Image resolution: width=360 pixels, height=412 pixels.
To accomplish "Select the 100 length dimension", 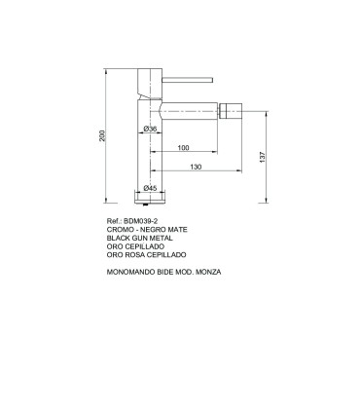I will pyautogui.click(x=183, y=147).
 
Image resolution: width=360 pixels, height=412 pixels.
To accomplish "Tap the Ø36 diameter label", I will pyautogui.click(x=151, y=129).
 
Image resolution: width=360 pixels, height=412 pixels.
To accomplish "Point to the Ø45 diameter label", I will pyautogui.click(x=151, y=187).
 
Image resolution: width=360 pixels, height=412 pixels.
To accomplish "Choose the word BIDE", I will pyautogui.click(x=166, y=272).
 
